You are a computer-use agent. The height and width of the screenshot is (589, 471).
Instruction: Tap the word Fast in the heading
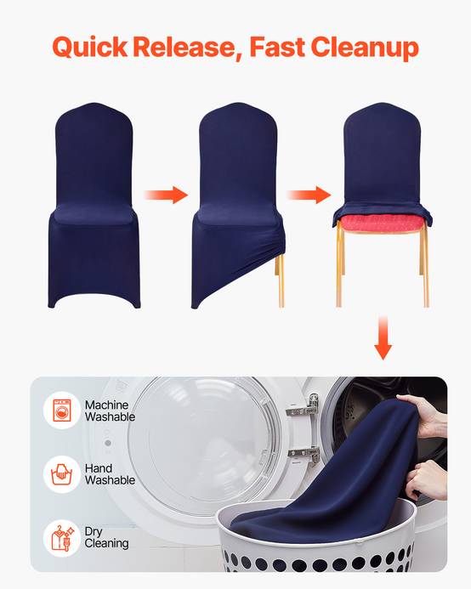[x=277, y=47]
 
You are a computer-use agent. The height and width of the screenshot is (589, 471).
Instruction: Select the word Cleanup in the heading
[x=365, y=48]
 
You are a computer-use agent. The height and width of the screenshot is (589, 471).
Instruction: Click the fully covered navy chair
[x=94, y=206]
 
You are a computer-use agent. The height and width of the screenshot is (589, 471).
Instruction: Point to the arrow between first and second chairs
[x=166, y=195]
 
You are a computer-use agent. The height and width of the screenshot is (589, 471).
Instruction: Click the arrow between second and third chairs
[x=309, y=195]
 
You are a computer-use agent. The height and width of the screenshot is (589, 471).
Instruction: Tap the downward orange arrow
[x=383, y=337]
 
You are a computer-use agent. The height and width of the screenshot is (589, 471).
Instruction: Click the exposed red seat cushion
[x=379, y=224]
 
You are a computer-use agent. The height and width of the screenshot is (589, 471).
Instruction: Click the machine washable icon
[x=62, y=411]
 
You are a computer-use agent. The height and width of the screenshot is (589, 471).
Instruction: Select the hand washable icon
[x=62, y=474]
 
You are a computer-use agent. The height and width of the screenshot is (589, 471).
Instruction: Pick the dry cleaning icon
[x=62, y=538]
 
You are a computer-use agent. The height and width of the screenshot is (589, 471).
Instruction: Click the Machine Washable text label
[x=110, y=411]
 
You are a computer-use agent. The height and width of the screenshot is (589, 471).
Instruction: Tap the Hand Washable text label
[x=110, y=474]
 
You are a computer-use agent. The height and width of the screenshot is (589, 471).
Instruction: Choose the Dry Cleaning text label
[x=107, y=537]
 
